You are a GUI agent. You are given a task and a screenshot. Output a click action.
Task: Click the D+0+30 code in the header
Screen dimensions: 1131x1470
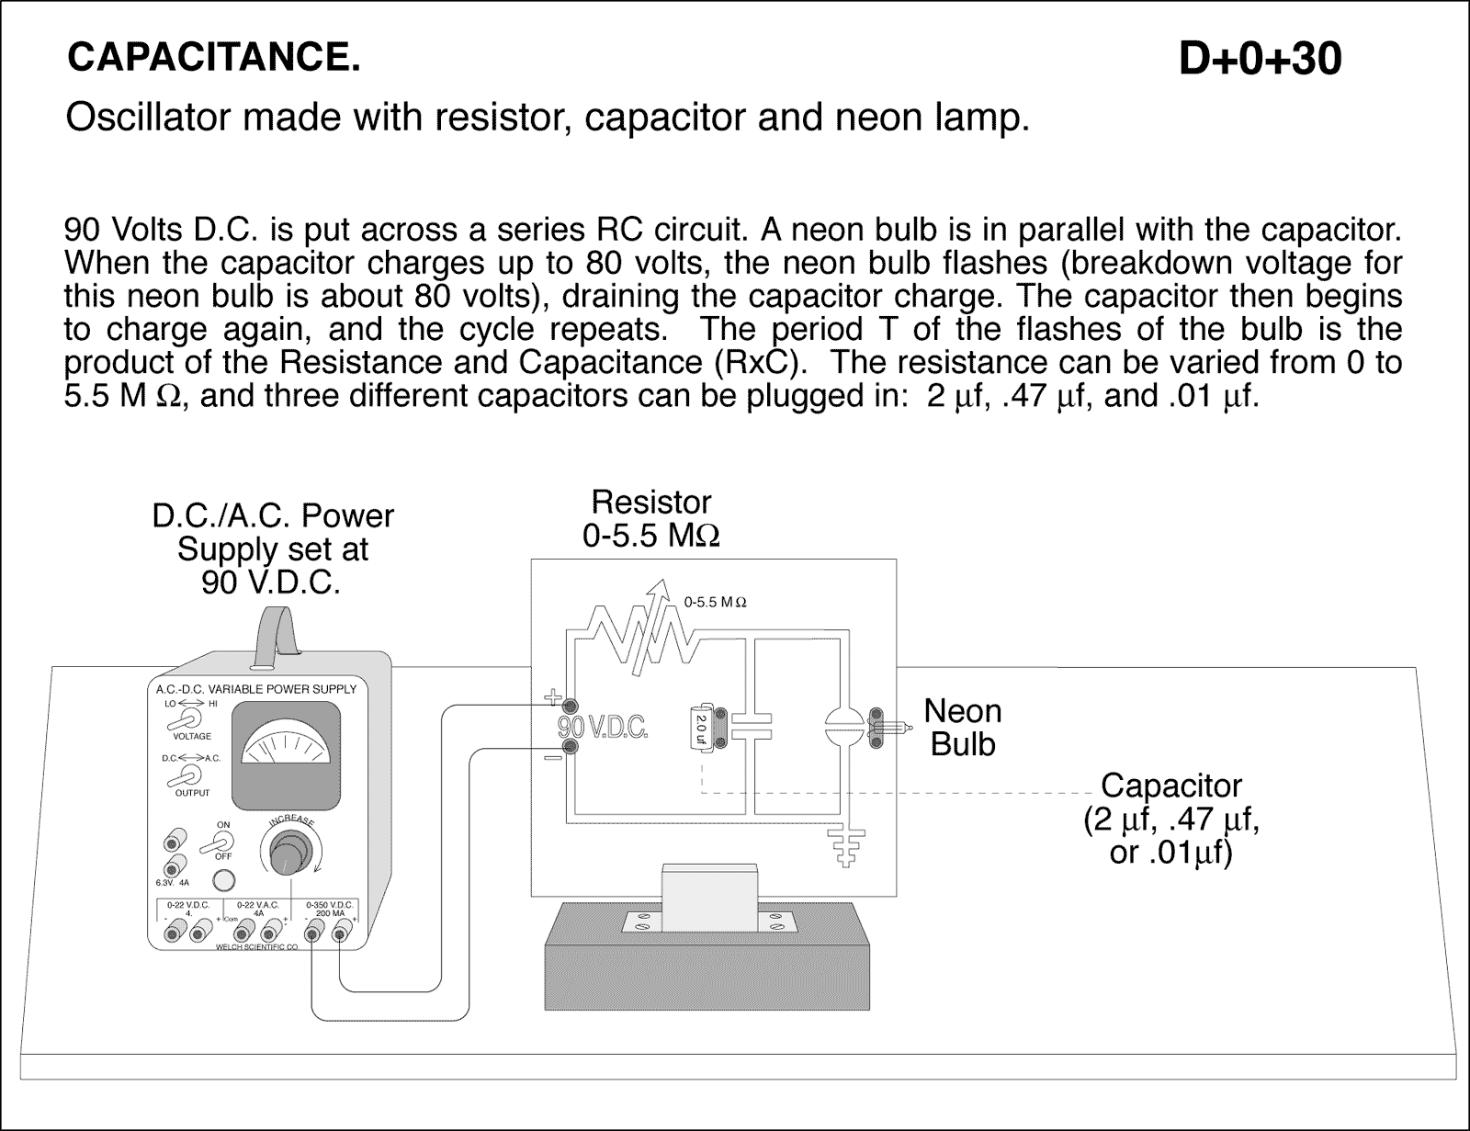(1259, 60)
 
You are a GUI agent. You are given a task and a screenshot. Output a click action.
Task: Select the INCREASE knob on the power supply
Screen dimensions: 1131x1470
(292, 850)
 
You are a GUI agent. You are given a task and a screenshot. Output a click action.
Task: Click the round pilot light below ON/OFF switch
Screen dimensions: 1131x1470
(223, 881)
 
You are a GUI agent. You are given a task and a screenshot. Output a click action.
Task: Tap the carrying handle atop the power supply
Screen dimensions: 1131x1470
(276, 634)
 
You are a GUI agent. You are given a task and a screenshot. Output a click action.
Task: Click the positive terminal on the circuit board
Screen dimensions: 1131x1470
(570, 707)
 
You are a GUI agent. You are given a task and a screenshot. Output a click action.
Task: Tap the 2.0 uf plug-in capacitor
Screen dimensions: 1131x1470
(701, 728)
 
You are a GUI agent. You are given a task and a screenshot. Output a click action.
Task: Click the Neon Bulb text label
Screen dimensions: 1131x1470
(962, 727)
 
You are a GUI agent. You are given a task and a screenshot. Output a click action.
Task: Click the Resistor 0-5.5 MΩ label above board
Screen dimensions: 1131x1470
(650, 519)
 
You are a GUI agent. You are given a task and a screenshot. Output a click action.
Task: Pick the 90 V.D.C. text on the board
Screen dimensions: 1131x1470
(604, 728)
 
